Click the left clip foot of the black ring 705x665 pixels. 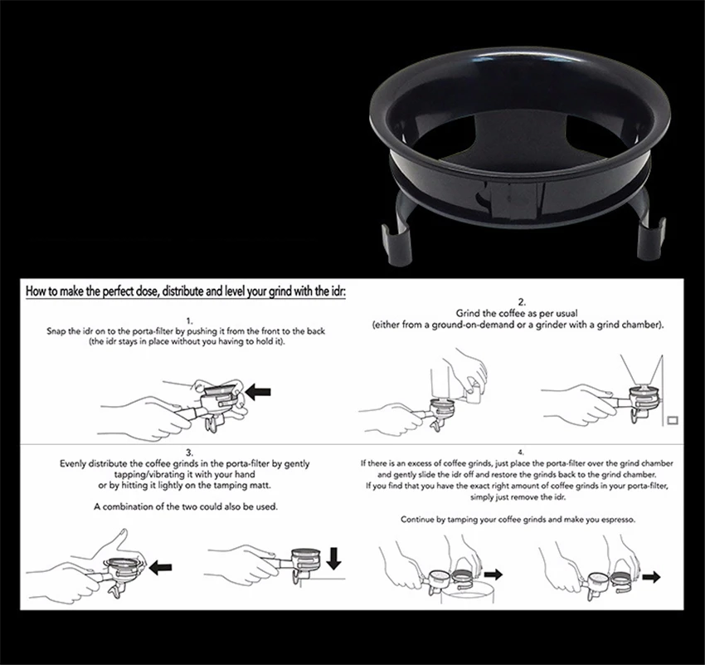coord(396,243)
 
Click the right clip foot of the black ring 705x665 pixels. coord(652,237)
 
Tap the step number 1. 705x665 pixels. coord(189,321)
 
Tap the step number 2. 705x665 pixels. coord(522,302)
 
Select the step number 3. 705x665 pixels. coord(189,452)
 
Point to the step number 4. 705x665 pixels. coord(521,452)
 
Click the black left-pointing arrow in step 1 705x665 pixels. coord(258,391)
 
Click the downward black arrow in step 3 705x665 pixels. coord(333,559)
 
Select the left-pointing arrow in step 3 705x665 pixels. coord(160,567)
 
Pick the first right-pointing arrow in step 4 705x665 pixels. coord(493,574)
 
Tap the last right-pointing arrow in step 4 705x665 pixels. coord(651,577)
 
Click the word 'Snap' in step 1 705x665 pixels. coord(56,331)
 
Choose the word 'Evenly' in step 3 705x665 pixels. coord(72,464)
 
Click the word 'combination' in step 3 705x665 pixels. coord(128,506)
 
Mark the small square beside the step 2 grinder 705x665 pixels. coord(673,420)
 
